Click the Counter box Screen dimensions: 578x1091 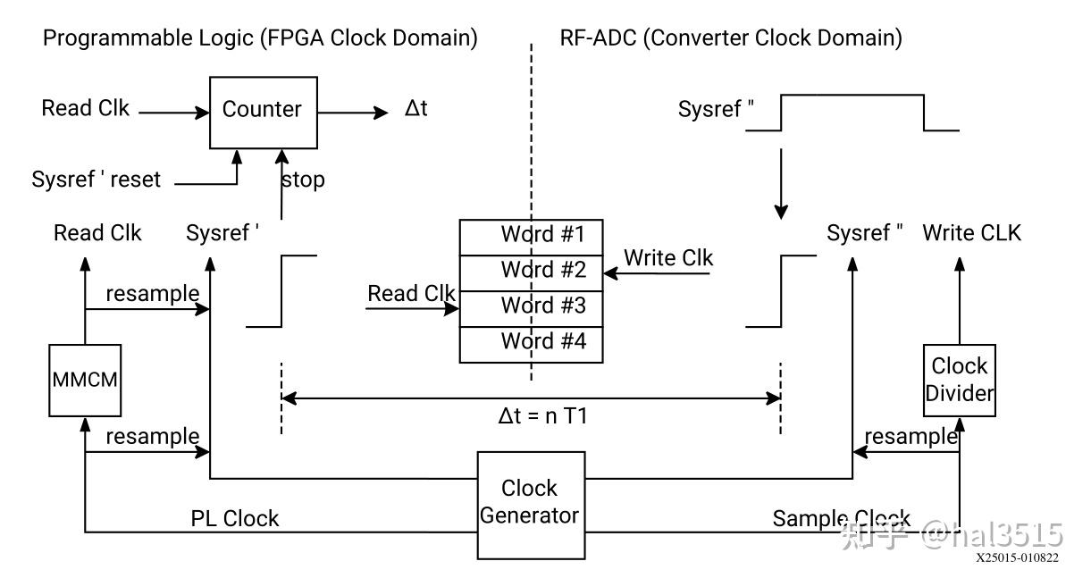(x=263, y=112)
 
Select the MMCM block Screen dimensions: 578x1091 (x=84, y=380)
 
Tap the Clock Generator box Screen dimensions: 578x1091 (x=531, y=502)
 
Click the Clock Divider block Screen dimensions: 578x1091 (x=960, y=380)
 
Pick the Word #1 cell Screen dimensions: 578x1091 (x=531, y=236)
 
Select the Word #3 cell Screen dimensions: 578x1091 (x=531, y=306)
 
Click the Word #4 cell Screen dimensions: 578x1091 (x=531, y=342)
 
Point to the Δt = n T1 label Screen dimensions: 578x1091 (x=542, y=416)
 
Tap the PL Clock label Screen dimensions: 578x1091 (x=235, y=519)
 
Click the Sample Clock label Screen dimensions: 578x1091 (x=841, y=519)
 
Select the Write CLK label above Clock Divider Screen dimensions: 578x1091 (x=971, y=233)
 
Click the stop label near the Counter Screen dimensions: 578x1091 (x=304, y=180)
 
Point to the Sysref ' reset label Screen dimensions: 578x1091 (x=97, y=180)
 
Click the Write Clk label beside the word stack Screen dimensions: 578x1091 (x=668, y=258)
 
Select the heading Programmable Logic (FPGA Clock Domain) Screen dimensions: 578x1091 (x=260, y=38)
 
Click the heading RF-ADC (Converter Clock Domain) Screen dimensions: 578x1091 (x=730, y=38)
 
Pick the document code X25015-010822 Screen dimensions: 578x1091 (x=1017, y=558)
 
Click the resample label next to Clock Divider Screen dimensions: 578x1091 (x=911, y=437)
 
